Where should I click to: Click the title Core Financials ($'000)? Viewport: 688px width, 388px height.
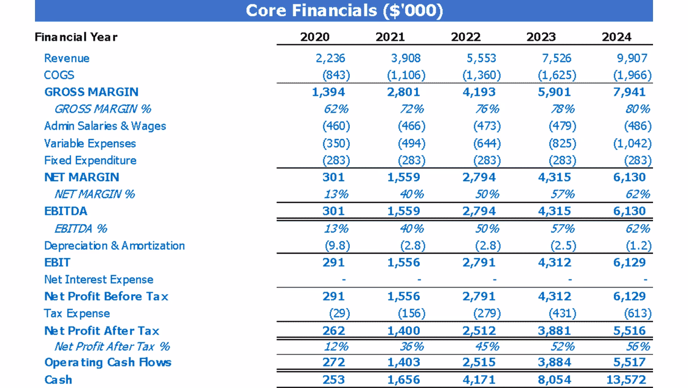[344, 10]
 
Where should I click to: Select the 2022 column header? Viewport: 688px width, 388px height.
[466, 37]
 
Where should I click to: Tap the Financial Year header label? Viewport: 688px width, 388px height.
[76, 37]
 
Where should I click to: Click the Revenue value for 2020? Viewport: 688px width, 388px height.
[331, 58]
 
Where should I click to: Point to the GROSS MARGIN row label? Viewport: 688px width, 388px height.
[91, 92]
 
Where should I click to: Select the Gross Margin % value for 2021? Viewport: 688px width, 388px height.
[412, 109]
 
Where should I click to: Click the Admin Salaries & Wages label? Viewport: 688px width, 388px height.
[105, 126]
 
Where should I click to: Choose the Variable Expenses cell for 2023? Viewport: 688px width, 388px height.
[562, 144]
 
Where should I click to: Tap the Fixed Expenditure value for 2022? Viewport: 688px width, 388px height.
[486, 160]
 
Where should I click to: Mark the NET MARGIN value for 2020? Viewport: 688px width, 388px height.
[334, 177]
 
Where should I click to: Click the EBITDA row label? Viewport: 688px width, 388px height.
[66, 211]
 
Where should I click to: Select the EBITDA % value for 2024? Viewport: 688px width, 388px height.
[638, 229]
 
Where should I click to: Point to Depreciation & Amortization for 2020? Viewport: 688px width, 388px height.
[336, 246]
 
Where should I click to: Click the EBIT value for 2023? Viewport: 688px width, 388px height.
[554, 263]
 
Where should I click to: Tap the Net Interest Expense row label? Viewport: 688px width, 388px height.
[99, 280]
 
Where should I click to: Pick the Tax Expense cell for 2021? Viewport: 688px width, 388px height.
[412, 314]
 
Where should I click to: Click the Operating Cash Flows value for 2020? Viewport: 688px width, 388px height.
[334, 362]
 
